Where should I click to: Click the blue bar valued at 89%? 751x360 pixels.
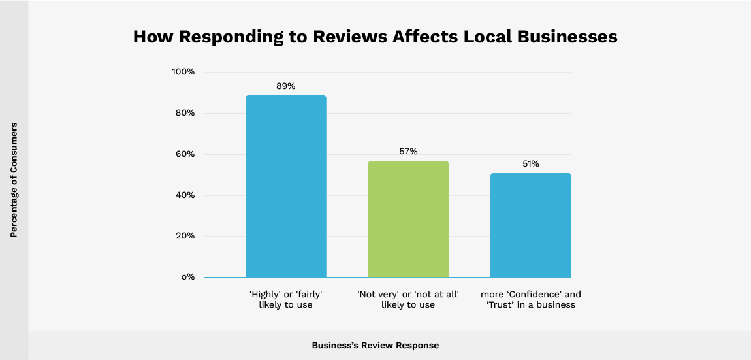pyautogui.click(x=285, y=186)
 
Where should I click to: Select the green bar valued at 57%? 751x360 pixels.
pyautogui.click(x=408, y=219)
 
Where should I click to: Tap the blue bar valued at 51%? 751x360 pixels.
pyautogui.click(x=530, y=225)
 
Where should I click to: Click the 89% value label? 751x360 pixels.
pyautogui.click(x=285, y=86)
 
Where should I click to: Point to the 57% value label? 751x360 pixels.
pyautogui.click(x=408, y=152)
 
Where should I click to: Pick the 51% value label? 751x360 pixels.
pyautogui.click(x=530, y=164)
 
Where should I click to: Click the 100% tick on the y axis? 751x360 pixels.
pyautogui.click(x=183, y=72)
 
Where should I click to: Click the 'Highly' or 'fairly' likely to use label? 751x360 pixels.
pyautogui.click(x=285, y=299)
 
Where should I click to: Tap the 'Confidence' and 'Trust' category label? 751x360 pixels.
pyautogui.click(x=530, y=299)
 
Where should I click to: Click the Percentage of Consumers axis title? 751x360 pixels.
pyautogui.click(x=14, y=180)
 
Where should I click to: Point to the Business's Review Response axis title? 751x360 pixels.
pyautogui.click(x=375, y=345)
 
